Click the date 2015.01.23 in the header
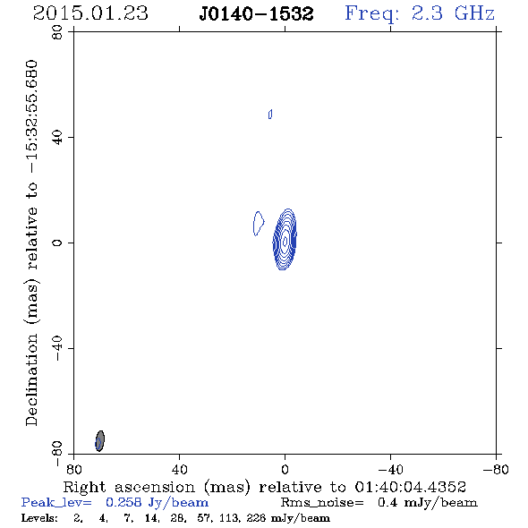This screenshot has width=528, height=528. (x=90, y=13)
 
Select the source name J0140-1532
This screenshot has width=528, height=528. (x=256, y=13)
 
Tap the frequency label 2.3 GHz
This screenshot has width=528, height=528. (x=453, y=13)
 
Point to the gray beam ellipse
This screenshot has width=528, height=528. (x=99, y=441)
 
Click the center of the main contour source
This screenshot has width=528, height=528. (x=285, y=240)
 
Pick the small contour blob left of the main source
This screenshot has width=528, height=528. (x=259, y=223)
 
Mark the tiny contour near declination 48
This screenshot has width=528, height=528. (x=270, y=115)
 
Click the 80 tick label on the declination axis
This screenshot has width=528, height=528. (x=57, y=32)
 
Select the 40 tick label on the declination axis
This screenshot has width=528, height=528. (x=57, y=138)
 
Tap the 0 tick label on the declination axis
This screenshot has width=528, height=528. (x=57, y=243)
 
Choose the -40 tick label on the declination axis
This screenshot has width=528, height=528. (x=57, y=348)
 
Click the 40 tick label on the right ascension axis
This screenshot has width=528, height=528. (x=179, y=469)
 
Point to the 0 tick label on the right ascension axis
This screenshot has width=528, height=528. (x=285, y=469)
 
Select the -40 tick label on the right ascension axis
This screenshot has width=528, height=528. (x=390, y=469)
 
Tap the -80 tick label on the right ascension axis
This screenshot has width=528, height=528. (x=496, y=469)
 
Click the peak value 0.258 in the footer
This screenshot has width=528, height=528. (x=123, y=502)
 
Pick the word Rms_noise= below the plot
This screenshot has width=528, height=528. (x=322, y=503)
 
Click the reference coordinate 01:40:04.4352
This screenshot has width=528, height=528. (x=411, y=487)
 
